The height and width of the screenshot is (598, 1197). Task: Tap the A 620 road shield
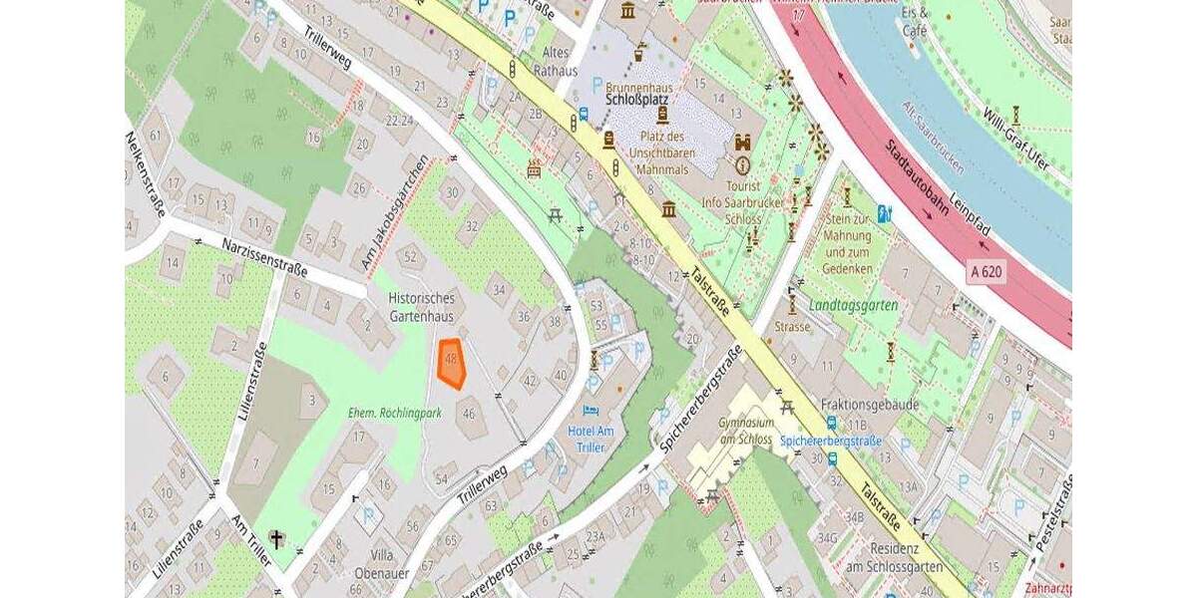coord(985,270)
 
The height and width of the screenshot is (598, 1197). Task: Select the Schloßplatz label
coord(638,101)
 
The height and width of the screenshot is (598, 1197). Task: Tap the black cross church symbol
coord(276,539)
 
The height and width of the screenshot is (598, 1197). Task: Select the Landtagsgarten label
coord(854,305)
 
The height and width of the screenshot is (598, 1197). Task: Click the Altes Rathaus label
coord(558,62)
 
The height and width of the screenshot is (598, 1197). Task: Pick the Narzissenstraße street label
coord(265,257)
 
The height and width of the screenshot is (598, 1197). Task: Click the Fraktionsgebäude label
coord(869,406)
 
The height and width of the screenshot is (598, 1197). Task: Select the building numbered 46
coord(469,411)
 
